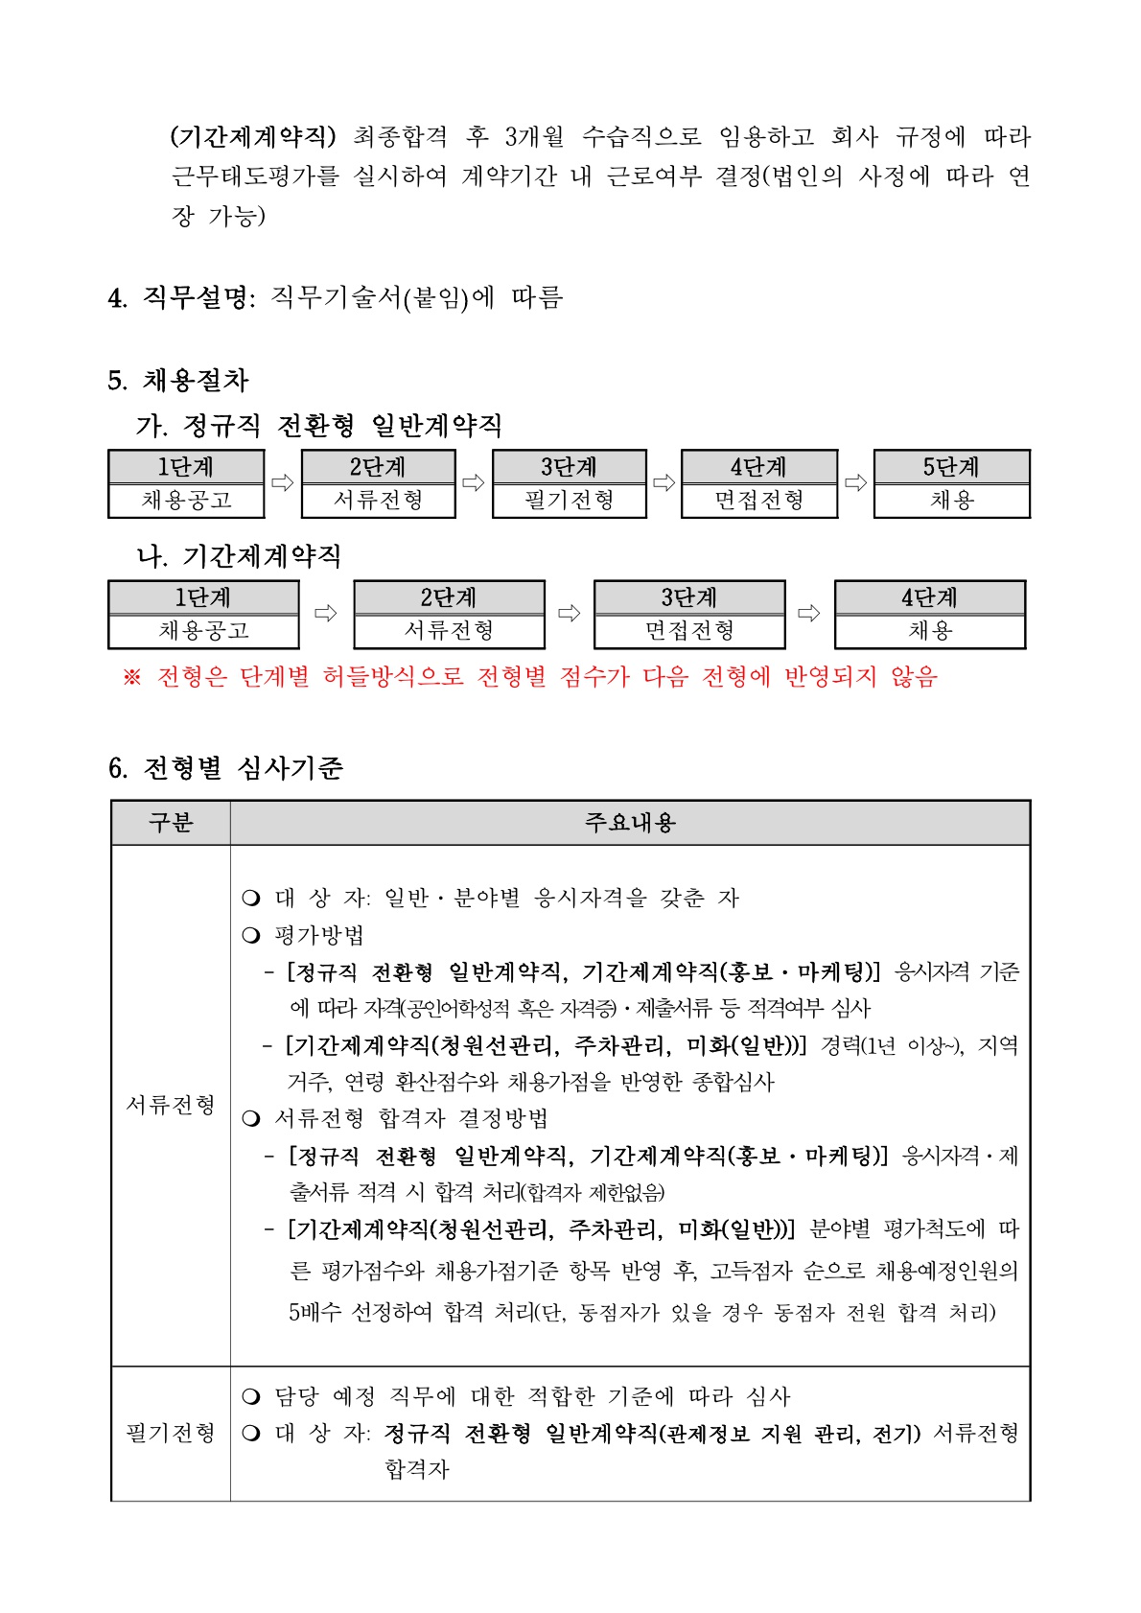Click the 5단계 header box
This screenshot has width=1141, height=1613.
coord(951,467)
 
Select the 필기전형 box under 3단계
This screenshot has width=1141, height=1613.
coord(569,501)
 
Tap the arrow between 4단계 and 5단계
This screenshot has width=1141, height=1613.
coord(855,482)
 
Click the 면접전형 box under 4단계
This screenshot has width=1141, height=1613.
coord(758,501)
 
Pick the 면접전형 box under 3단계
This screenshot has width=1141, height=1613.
coord(688,631)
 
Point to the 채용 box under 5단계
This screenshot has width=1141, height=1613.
coord(951,501)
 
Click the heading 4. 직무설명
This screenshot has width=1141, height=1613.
coord(182,298)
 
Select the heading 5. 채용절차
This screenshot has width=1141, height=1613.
coord(178,381)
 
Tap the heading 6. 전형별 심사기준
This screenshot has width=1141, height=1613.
coord(225,768)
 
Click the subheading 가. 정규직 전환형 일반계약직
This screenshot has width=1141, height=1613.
coord(319,425)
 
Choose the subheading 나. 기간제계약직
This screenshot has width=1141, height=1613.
coord(239,556)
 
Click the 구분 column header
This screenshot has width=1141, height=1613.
coord(171,823)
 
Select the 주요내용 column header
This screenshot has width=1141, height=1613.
coord(630,823)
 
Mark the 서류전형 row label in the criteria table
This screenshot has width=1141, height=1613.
coord(171,1105)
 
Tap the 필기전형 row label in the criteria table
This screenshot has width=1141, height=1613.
coord(171,1433)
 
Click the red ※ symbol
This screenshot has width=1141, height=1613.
coord(132,678)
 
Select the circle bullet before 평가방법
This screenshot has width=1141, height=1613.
coord(251,935)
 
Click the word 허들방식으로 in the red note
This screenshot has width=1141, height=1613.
coord(393,677)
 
